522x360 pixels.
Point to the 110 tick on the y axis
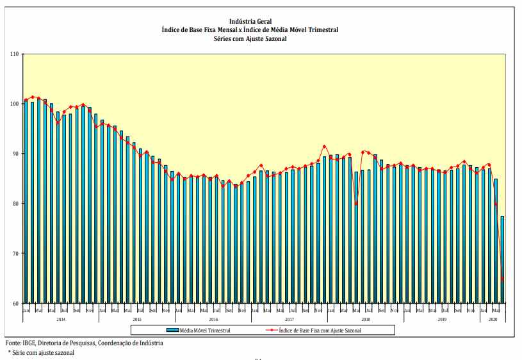13,54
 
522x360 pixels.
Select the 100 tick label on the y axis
13,104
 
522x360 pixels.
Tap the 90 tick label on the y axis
14,154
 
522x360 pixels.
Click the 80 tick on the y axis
14,204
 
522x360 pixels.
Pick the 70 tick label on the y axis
14,254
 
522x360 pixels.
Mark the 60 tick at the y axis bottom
14,304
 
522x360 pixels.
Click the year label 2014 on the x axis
60,318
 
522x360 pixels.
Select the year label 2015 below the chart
136,318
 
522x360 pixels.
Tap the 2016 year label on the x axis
213,318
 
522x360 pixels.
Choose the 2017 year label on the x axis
289,318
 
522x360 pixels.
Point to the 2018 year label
365,318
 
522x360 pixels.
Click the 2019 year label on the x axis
441,318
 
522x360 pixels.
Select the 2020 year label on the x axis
493,318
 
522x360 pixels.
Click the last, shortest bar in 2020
502,259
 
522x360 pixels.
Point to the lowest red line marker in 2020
502,279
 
